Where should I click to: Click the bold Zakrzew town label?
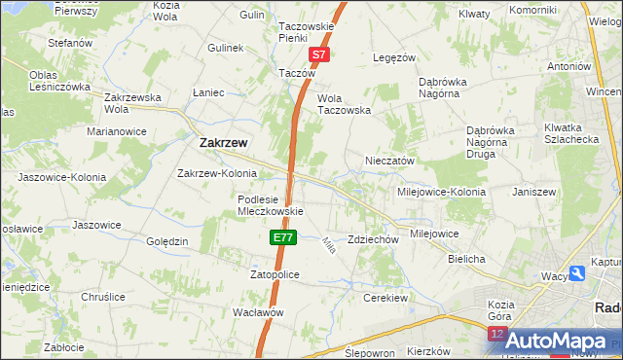[x=223, y=142]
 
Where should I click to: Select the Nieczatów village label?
[x=390, y=161]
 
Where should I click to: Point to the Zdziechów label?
[x=374, y=239]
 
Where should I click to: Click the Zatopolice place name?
[x=274, y=275]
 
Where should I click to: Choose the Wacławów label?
[x=258, y=312]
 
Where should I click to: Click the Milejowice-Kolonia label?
[x=442, y=192]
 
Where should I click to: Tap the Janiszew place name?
[x=533, y=192]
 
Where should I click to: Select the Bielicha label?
[x=466, y=260]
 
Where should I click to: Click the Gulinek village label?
[x=225, y=48]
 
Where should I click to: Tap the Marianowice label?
[x=116, y=130]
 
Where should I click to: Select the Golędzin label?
[x=166, y=241]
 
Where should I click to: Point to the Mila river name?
[x=328, y=246]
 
